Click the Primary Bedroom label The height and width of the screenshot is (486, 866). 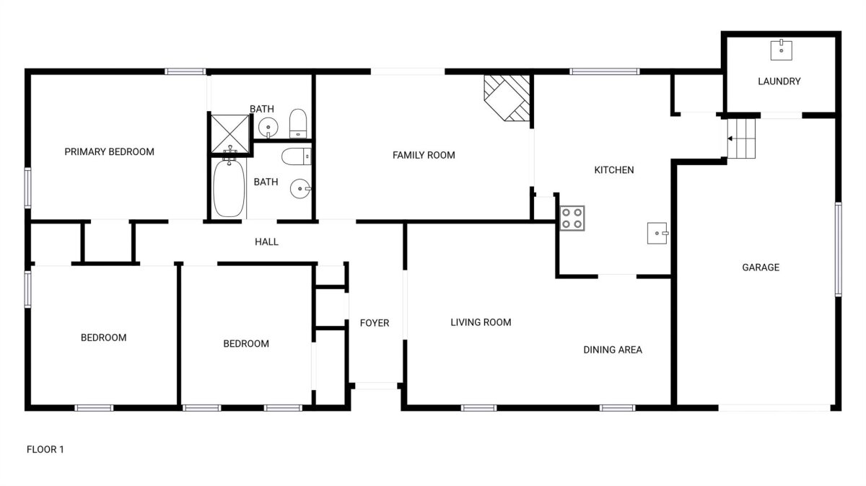tap(110, 152)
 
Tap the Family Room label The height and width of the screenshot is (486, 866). tap(424, 155)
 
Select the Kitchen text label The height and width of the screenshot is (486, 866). tap(614, 170)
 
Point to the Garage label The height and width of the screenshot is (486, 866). tap(761, 268)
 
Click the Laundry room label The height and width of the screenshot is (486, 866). tap(779, 81)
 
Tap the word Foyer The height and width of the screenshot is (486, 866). tap(375, 323)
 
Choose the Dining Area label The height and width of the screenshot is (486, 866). tap(613, 350)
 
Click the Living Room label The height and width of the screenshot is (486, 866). tap(481, 322)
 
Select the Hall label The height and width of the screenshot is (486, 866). tap(266, 242)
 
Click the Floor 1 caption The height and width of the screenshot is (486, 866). tap(45, 449)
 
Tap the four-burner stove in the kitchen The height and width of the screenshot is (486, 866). tap(572, 218)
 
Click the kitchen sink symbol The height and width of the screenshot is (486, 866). tap(657, 233)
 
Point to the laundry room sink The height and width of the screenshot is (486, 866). tap(782, 50)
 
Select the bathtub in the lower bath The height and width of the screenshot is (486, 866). tap(229, 188)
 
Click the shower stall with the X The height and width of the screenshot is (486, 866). tap(230, 133)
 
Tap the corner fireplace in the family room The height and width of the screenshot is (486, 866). tap(507, 98)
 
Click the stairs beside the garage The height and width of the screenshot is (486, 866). tap(741, 138)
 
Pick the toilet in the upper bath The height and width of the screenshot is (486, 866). tap(297, 123)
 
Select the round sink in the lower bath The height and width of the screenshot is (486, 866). tap(300, 188)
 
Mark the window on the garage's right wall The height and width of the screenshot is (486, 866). tap(838, 249)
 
